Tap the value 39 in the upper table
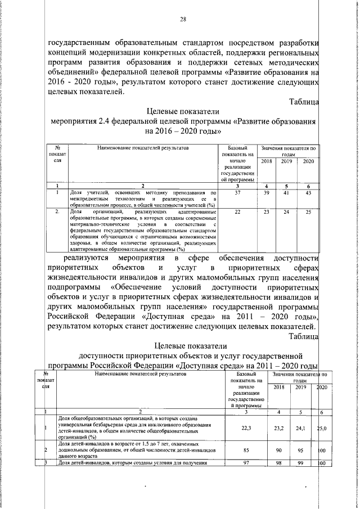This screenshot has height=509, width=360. [x=267, y=193]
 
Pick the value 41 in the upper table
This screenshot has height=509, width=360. [x=286, y=193]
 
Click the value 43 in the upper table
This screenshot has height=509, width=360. [x=308, y=193]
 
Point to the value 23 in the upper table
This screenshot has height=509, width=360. [x=267, y=211]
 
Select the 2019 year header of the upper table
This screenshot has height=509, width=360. [x=286, y=162]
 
